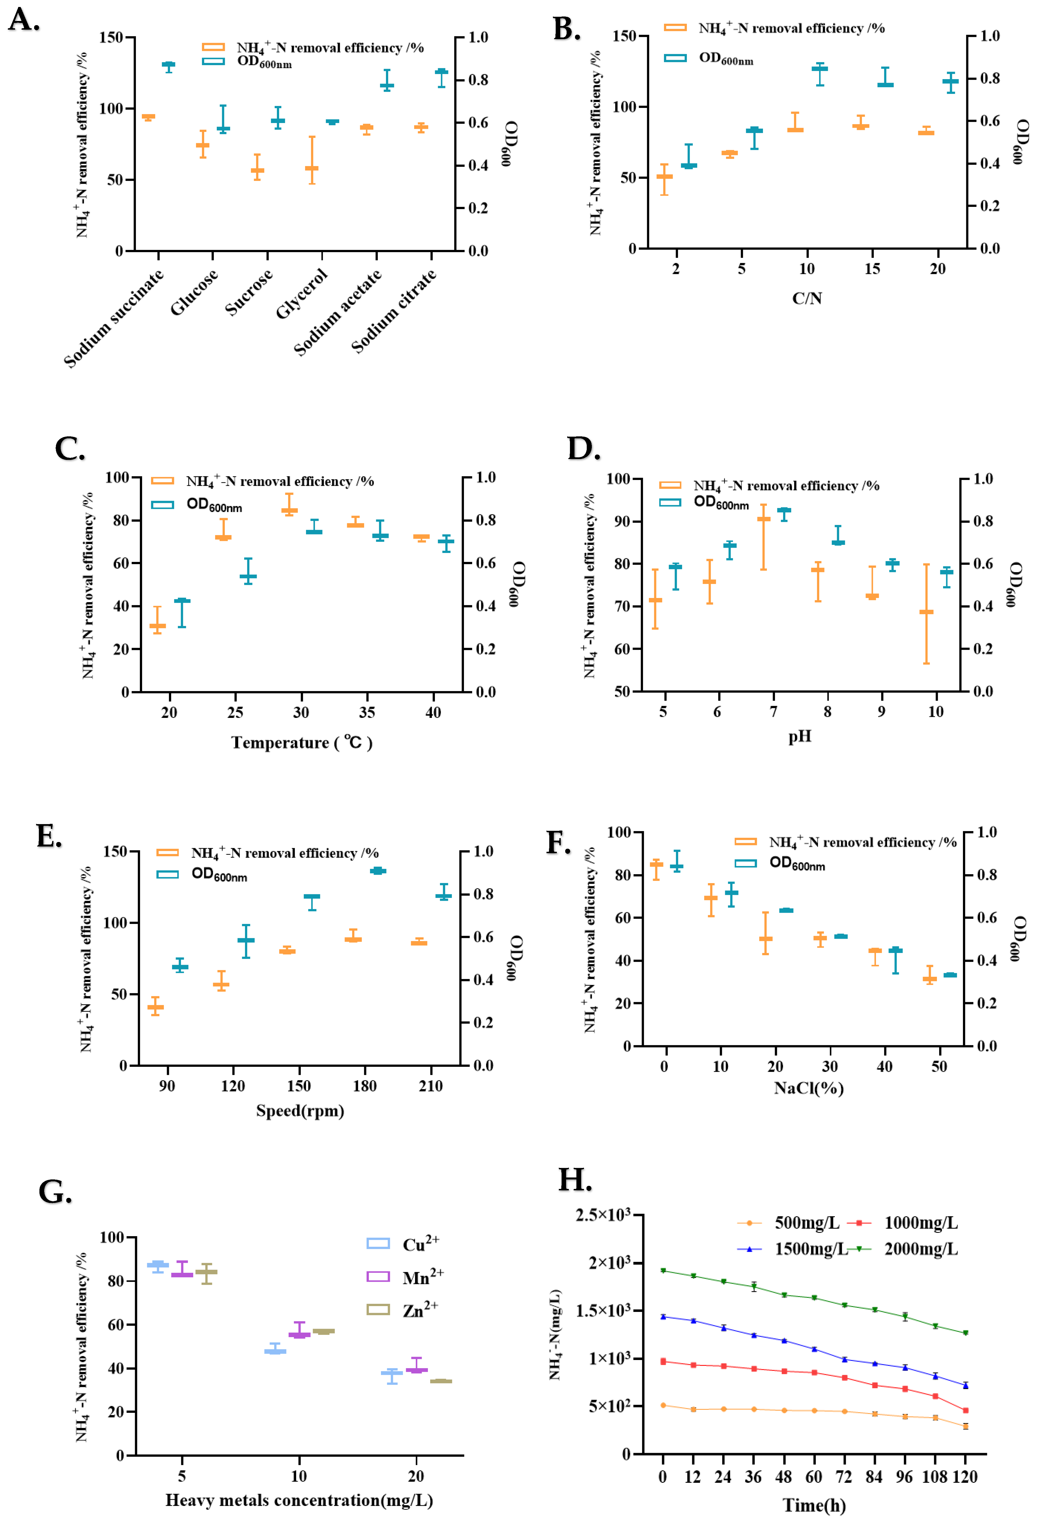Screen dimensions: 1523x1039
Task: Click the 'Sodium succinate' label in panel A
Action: [113, 318]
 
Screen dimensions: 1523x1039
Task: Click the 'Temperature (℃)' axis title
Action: [301, 742]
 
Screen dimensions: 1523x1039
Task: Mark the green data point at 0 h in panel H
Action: [663, 1271]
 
